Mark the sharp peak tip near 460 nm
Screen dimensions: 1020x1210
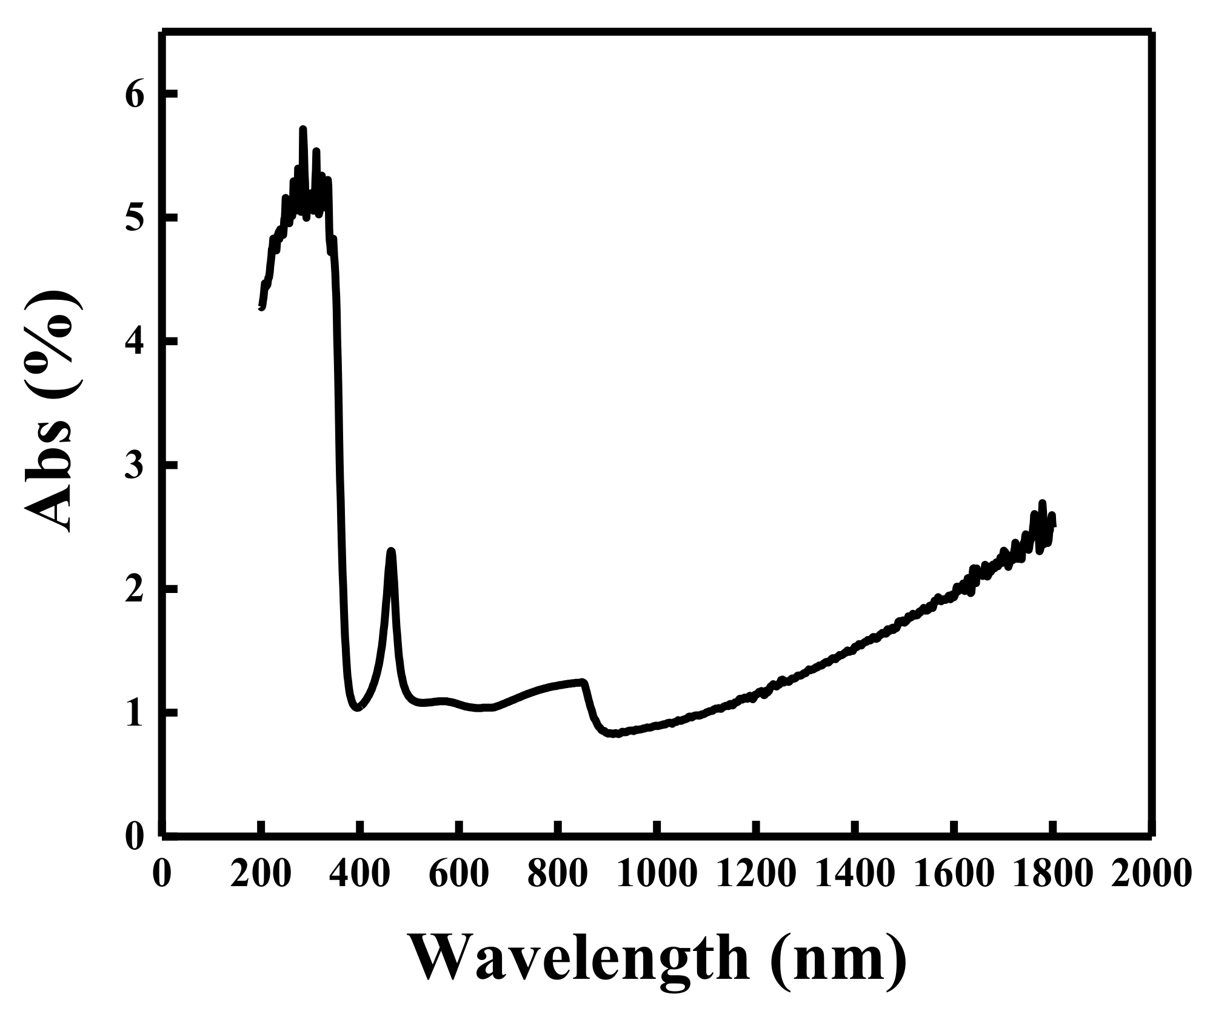coord(391,551)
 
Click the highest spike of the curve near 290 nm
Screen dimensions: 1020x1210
coord(302,128)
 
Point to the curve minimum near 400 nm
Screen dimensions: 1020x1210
coord(358,708)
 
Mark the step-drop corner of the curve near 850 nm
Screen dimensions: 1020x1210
coord(583,681)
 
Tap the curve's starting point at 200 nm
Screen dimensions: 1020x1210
coord(261,308)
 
